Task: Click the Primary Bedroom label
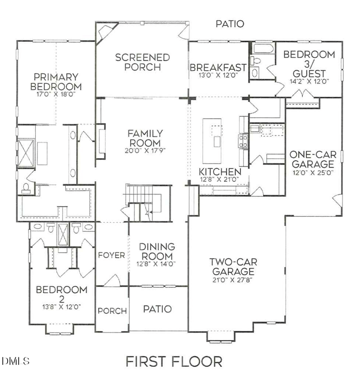(56, 81)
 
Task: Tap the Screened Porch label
(142, 63)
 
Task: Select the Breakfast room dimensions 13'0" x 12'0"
(218, 76)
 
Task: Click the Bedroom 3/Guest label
(309, 63)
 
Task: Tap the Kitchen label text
(220, 172)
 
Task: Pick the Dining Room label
(157, 252)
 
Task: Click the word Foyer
(112, 255)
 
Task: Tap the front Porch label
(112, 311)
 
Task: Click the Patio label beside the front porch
(157, 309)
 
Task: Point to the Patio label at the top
(229, 24)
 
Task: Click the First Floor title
(174, 361)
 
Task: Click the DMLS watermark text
(15, 361)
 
